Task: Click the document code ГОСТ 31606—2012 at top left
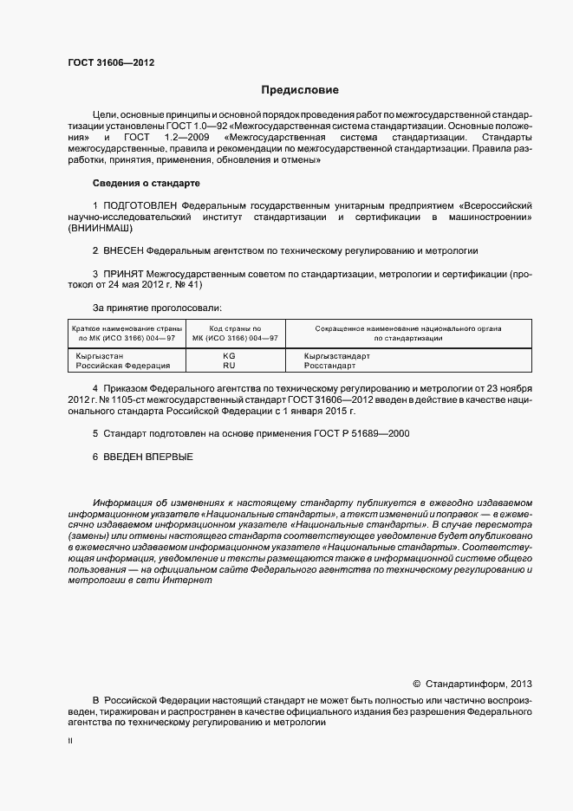pyautogui.click(x=106, y=62)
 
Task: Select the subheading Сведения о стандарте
pyautogui.click(x=146, y=184)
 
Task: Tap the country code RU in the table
pyautogui.click(x=229, y=367)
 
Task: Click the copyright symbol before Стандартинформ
pyautogui.click(x=416, y=684)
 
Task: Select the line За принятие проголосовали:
pyautogui.click(x=157, y=308)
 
